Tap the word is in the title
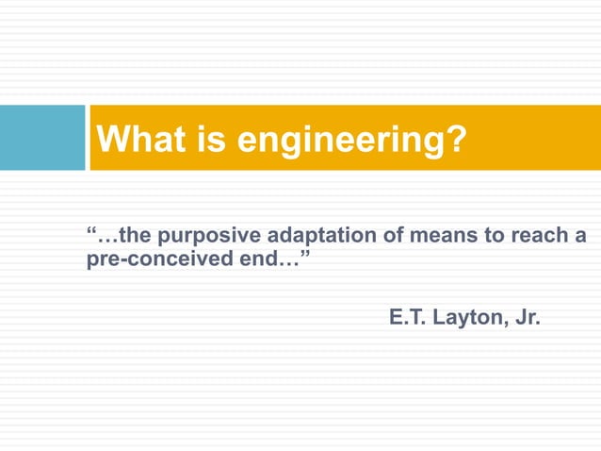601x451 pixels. pos(214,141)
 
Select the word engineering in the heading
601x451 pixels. pos(341,142)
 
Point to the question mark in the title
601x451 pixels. pos(456,141)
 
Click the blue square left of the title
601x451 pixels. pos(42,138)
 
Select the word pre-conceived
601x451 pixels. pos(155,259)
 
